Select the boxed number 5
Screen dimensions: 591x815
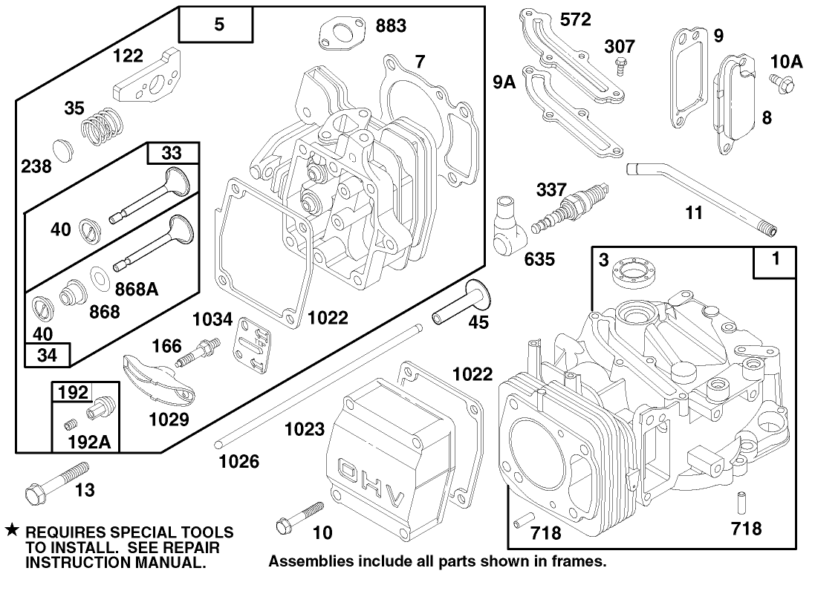click(218, 25)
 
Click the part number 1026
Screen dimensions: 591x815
click(238, 462)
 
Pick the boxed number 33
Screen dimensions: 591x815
click(172, 154)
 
